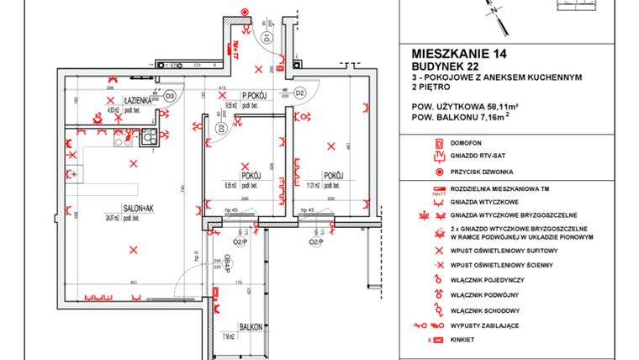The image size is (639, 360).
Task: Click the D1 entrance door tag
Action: tap(267, 39)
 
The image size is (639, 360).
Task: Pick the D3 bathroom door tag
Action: tap(169, 96)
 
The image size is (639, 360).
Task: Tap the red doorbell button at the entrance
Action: tap(243, 13)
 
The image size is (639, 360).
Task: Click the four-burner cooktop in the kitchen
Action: tap(149, 135)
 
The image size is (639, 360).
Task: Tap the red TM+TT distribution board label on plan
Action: tap(237, 47)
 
